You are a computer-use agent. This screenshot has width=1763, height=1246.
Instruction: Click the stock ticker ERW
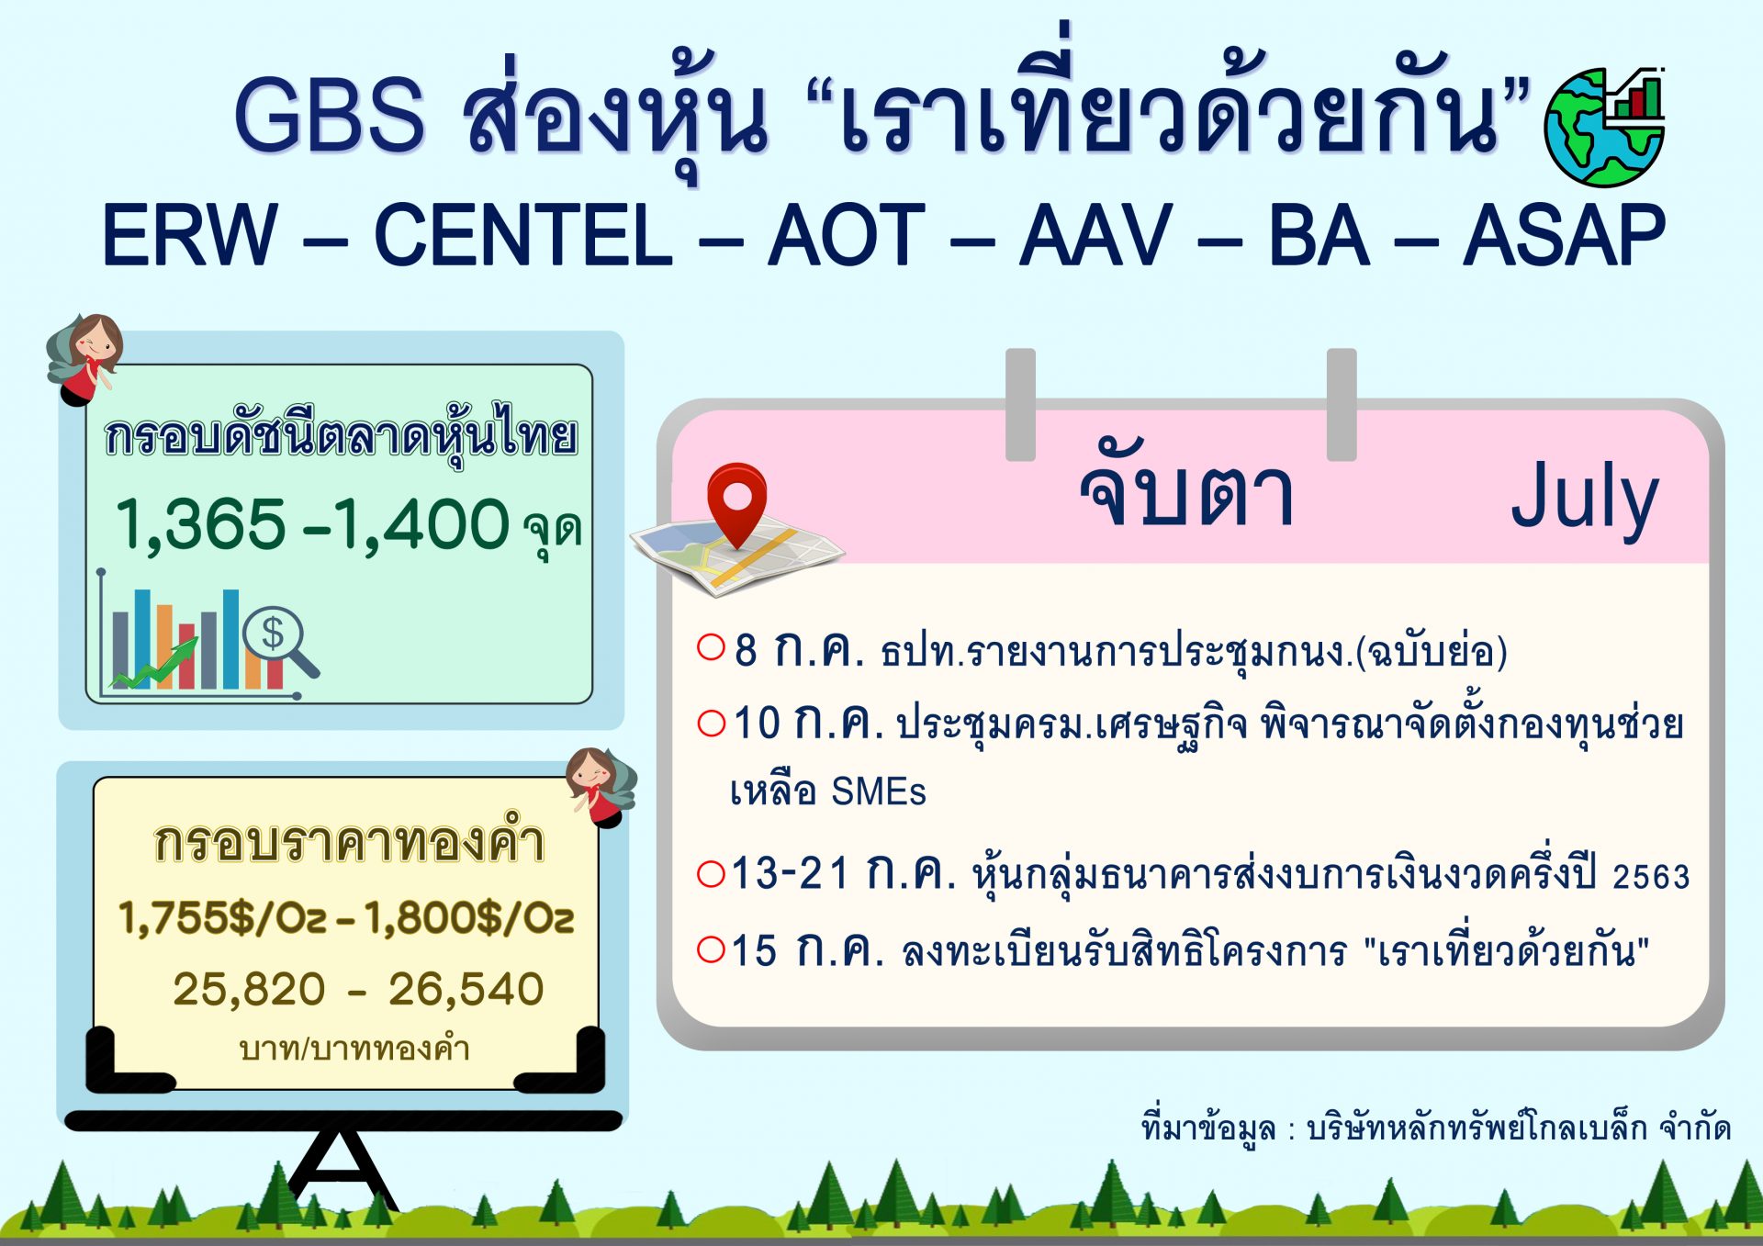[x=189, y=236]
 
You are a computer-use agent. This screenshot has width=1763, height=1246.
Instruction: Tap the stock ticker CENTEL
[x=523, y=236]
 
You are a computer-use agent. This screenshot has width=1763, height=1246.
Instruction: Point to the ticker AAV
[x=1096, y=236]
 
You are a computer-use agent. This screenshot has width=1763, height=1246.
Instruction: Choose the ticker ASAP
[x=1564, y=236]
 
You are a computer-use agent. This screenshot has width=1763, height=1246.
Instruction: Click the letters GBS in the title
[x=330, y=115]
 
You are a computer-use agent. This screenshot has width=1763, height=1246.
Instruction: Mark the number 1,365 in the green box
[x=201, y=524]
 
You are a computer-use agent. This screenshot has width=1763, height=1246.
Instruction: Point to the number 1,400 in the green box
[x=421, y=524]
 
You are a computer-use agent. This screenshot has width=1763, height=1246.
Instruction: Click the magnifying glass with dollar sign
[x=279, y=638]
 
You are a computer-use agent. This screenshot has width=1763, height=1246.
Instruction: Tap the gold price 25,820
[x=249, y=990]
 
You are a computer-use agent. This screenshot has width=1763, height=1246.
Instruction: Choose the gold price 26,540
[x=466, y=990]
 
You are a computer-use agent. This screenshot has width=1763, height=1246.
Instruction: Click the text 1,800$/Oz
[x=469, y=917]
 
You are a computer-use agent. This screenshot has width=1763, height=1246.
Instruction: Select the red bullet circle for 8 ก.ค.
[x=712, y=647]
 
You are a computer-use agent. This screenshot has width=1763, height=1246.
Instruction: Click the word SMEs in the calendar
[x=879, y=791]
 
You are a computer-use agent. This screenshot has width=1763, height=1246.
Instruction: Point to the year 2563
[x=1651, y=877]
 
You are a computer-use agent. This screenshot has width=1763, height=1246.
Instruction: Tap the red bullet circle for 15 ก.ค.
[x=712, y=949]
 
